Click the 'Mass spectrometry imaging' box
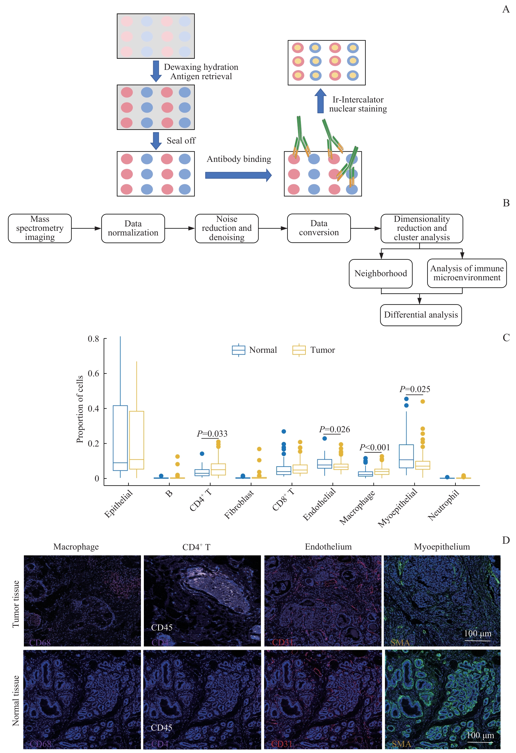tap(40, 228)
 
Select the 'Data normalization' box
tap(133, 228)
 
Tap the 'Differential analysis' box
tap(420, 315)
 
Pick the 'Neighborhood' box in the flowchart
tap(380, 274)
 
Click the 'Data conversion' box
tap(319, 228)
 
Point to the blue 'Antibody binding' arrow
tap(238, 175)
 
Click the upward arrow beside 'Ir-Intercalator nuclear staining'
tap(320, 101)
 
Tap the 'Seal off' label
tap(181, 141)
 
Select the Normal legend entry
tap(255, 350)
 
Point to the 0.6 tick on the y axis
tap(93, 373)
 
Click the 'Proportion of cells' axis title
tap(80, 409)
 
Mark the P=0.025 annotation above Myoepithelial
tap(415, 389)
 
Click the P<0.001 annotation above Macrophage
tap(374, 447)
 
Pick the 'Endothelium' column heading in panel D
tap(328, 547)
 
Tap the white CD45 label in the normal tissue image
tap(161, 727)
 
